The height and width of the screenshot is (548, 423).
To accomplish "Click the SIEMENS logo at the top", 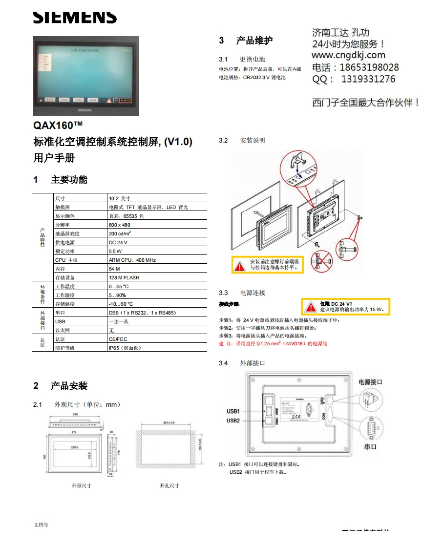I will (75, 18).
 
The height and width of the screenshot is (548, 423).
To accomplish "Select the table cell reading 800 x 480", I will (120, 225).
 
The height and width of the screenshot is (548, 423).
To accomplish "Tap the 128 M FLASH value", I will (124, 277).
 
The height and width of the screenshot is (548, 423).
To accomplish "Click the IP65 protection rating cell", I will (125, 348).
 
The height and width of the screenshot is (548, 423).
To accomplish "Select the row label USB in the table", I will (60, 321).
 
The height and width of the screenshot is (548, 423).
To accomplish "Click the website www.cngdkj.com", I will (348, 55).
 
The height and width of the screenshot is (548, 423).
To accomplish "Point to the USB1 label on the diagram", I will (233, 411).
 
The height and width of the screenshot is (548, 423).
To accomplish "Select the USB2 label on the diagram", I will (233, 421).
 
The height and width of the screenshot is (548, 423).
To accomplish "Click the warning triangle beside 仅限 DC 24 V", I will (311, 307).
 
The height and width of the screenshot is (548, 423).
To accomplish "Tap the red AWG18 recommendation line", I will (273, 344).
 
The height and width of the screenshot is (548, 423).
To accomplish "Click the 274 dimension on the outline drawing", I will (75, 433).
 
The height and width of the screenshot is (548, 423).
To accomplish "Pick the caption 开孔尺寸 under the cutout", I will (169, 485).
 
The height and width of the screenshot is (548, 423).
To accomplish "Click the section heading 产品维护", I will (254, 41).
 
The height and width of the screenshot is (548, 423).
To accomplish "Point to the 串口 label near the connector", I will (370, 446).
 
